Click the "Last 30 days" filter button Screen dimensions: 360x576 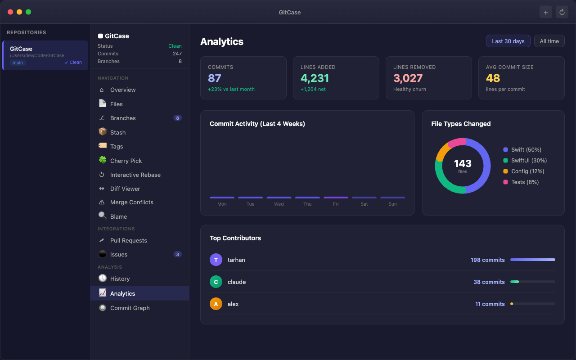pyautogui.click(x=508, y=41)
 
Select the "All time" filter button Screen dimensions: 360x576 pyautogui.click(x=549, y=41)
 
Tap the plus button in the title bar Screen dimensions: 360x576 pyautogui.click(x=545, y=12)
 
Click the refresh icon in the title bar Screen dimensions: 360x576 pyautogui.click(x=562, y=12)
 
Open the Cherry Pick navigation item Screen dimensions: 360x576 pyautogui.click(x=126, y=161)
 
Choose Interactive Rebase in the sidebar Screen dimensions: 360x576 pyautogui.click(x=135, y=175)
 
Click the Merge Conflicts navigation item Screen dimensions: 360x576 pyautogui.click(x=131, y=202)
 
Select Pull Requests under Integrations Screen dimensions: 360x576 pyautogui.click(x=128, y=240)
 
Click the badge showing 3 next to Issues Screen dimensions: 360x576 pyautogui.click(x=177, y=254)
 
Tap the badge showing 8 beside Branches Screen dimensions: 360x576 pyautogui.click(x=177, y=118)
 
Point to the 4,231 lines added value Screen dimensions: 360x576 pyautogui.click(x=315, y=78)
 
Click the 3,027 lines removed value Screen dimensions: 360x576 pyautogui.click(x=408, y=78)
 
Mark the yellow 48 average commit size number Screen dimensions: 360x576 pyautogui.click(x=493, y=78)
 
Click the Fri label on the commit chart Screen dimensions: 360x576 pyautogui.click(x=336, y=204)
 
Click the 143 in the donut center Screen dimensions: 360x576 pyautogui.click(x=463, y=163)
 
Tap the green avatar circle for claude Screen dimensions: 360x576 pyautogui.click(x=216, y=282)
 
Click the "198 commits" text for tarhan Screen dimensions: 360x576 pyautogui.click(x=487, y=260)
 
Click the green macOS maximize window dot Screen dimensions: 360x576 pyautogui.click(x=28, y=12)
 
